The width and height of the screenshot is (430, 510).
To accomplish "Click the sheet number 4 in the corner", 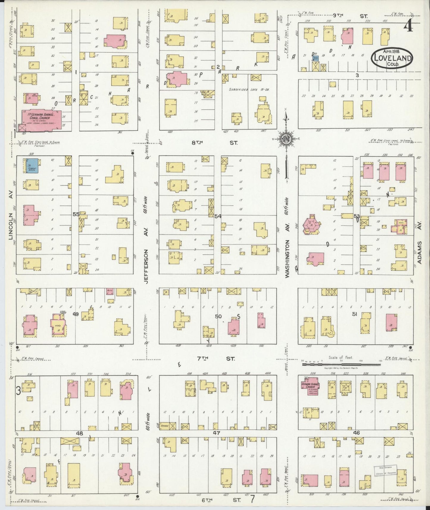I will click(408, 27).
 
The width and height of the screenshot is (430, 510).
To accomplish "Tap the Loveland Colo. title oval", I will click(392, 58).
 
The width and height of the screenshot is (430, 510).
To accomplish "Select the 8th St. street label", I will click(215, 143).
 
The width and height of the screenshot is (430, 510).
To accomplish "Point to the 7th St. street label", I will click(217, 359).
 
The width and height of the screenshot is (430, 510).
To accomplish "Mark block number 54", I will click(218, 216).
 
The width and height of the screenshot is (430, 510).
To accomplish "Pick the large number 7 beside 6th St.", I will click(253, 498).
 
